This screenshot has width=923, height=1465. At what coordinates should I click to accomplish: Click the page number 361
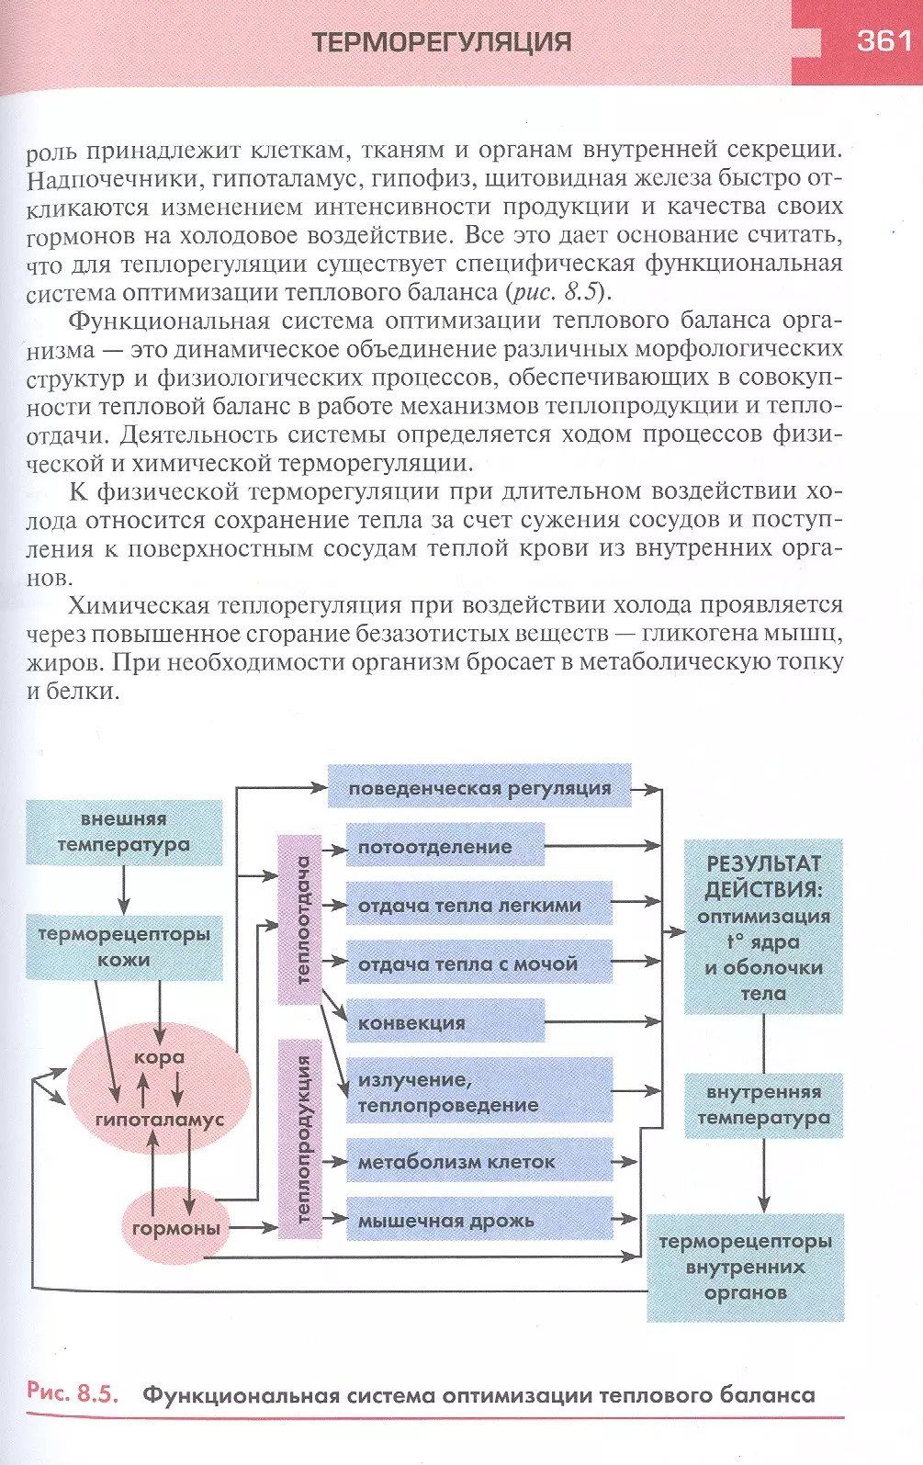(883, 41)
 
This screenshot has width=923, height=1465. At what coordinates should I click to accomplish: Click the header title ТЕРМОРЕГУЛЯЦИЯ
(442, 42)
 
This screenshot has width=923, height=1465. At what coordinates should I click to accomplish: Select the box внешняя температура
(124, 832)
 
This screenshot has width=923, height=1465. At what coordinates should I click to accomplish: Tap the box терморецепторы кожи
(124, 947)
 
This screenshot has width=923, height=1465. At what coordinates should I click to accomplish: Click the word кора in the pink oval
(160, 1057)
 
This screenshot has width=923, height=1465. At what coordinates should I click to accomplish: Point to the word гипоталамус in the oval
(160, 1120)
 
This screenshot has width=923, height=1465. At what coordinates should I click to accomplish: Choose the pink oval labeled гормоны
(176, 1228)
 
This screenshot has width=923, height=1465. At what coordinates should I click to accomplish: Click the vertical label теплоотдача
(301, 919)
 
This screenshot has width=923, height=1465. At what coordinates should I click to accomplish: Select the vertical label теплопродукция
(301, 1139)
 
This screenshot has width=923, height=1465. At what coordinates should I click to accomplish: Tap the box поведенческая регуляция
(479, 787)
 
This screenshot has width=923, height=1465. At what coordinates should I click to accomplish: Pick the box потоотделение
(445, 846)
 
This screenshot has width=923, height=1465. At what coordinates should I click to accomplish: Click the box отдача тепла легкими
(478, 905)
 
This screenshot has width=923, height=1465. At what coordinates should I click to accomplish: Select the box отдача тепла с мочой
(478, 964)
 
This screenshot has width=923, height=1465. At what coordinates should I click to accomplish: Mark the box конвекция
(445, 1022)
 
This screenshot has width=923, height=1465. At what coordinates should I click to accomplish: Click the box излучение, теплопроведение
(478, 1091)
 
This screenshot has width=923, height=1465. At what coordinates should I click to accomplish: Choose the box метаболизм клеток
(478, 1162)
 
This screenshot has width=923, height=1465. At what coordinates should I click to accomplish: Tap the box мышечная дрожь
(478, 1221)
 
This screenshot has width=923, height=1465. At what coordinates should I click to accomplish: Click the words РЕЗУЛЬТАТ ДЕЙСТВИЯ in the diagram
(762, 876)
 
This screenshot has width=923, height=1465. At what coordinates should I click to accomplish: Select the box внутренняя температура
(763, 1105)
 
